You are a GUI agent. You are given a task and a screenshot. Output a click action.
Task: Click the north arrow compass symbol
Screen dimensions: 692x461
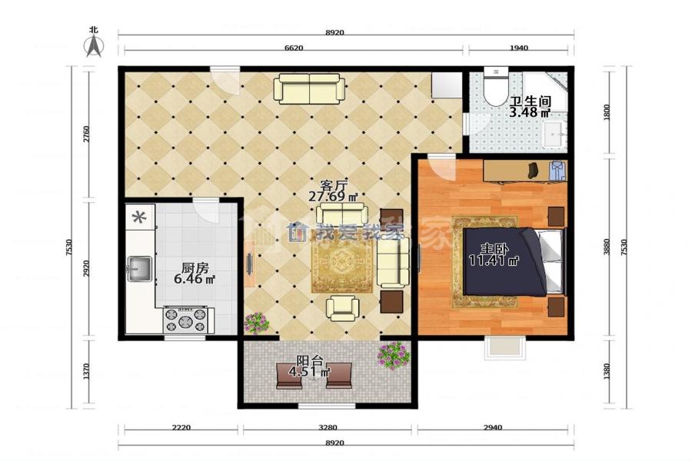(94, 46)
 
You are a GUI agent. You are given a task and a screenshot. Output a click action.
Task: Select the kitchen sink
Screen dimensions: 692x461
(139, 269)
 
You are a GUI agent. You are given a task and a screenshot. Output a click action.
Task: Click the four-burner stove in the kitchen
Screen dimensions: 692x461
(185, 320)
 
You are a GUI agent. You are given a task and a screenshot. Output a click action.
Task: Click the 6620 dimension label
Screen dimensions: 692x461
(294, 48)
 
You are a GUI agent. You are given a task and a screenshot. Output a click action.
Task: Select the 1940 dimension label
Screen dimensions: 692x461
(518, 48)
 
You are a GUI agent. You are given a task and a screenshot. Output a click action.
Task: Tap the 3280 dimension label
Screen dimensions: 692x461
(328, 427)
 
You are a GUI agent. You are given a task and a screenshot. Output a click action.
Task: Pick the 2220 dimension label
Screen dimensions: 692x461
(181, 427)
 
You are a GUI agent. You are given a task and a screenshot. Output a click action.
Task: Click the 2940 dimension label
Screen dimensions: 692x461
(493, 427)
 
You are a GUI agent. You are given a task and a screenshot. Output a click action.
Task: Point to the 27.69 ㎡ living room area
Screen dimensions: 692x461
(333, 197)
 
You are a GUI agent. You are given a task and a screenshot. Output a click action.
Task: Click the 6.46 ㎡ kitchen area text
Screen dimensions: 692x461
(195, 279)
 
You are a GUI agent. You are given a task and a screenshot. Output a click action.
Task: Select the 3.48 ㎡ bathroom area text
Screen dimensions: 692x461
(530, 112)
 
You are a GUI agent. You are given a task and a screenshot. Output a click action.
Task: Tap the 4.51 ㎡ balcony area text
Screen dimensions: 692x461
(309, 372)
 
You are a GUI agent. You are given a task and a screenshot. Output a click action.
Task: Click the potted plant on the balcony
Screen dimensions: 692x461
(394, 355)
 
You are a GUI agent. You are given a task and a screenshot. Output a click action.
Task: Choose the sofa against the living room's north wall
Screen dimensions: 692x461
(309, 88)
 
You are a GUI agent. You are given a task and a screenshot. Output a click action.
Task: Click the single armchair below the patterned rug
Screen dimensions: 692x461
(342, 308)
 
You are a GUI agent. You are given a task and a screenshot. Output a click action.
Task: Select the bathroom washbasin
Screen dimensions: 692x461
(554, 134)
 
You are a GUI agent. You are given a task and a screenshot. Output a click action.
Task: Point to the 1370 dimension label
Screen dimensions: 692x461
(86, 371)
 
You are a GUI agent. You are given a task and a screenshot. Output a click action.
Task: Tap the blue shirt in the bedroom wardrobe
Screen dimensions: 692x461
(557, 171)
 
